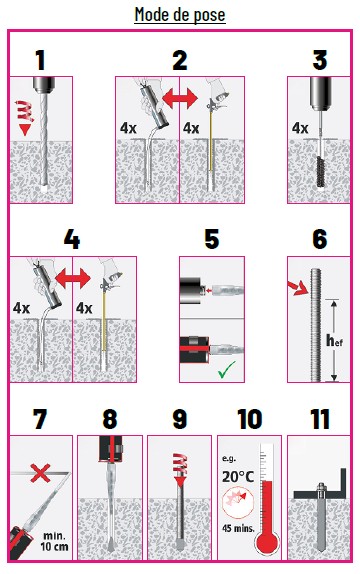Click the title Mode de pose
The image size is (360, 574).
click(x=180, y=15)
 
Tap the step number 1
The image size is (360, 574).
click(x=41, y=60)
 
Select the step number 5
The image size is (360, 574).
click(x=212, y=240)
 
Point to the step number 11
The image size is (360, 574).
click(x=320, y=419)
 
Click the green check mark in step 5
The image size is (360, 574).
click(x=227, y=369)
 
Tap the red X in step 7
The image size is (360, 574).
click(x=40, y=473)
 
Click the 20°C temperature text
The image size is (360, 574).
click(x=238, y=477)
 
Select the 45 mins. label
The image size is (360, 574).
click(x=238, y=528)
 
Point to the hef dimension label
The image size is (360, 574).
click(x=334, y=341)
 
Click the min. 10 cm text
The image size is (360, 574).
click(x=54, y=541)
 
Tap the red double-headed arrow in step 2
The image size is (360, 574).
click(x=179, y=98)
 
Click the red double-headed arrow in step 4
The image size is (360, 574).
click(x=73, y=279)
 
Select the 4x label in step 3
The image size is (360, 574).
click(x=300, y=128)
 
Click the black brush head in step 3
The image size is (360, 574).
click(x=320, y=171)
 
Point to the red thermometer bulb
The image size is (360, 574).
click(x=268, y=544)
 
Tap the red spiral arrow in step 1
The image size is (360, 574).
click(x=24, y=117)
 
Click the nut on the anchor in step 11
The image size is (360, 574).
click(x=321, y=488)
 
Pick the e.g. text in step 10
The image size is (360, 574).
click(x=229, y=458)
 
